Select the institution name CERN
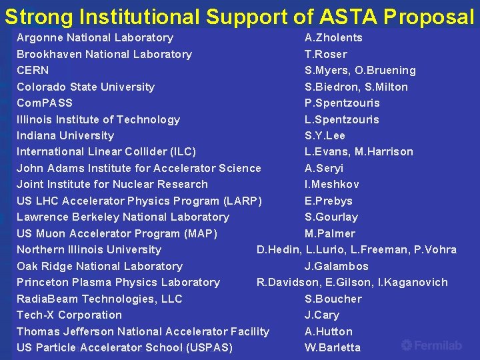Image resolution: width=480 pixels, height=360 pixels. click(33, 70)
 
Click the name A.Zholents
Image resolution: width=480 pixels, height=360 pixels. click(333, 38)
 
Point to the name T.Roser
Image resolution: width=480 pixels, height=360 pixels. click(326, 54)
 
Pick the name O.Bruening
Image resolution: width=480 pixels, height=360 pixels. click(386, 70)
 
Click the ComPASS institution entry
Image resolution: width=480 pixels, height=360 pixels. click(45, 103)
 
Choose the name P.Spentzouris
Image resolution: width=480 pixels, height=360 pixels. click(342, 103)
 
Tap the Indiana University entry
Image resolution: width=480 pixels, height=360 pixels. click(65, 135)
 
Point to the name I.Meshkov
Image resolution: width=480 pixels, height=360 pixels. click(332, 184)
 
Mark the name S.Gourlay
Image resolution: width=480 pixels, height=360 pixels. click(331, 217)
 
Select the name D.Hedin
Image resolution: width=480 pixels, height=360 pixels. click(278, 249)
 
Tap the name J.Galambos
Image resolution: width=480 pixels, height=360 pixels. click(337, 266)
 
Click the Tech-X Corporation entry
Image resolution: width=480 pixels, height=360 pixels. click(69, 315)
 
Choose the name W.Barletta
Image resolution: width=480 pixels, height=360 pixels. click(333, 347)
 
